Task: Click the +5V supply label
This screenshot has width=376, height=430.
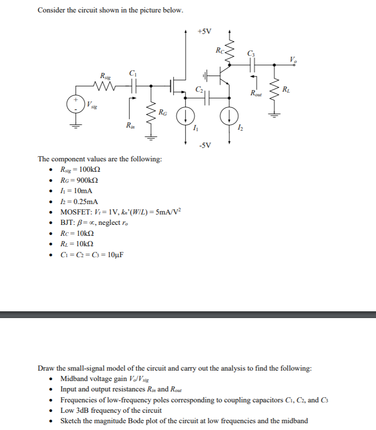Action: [205, 31]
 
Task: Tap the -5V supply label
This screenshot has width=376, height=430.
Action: [205, 145]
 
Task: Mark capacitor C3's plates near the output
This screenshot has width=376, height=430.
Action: [252, 65]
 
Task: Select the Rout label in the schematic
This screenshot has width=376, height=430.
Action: [256, 94]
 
